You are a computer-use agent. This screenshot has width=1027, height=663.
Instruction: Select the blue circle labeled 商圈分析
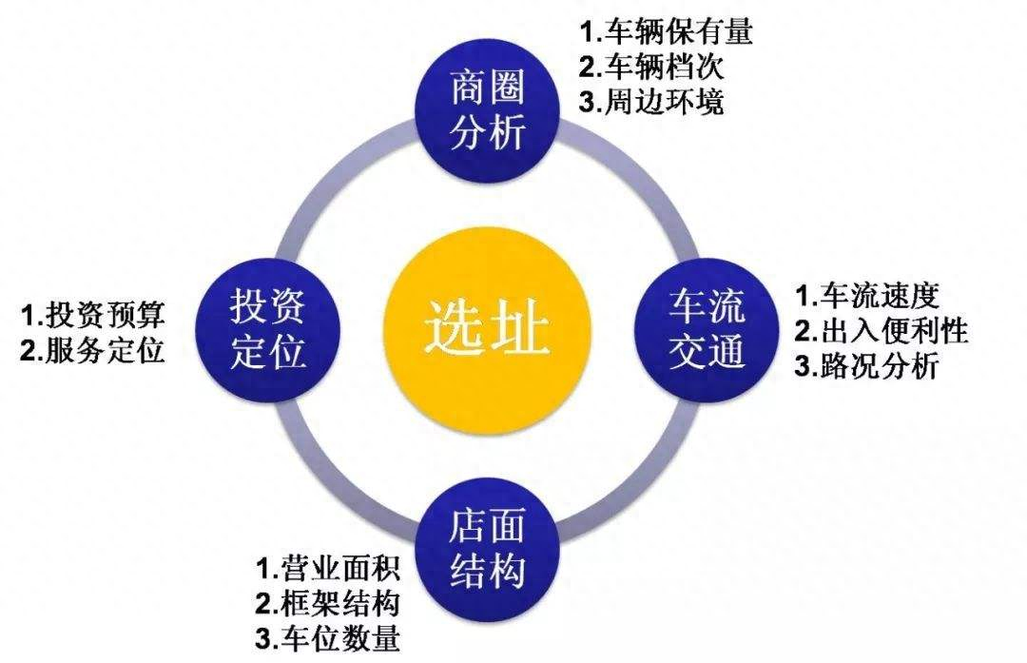point(488,111)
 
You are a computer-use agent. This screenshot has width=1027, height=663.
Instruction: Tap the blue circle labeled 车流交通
point(707,329)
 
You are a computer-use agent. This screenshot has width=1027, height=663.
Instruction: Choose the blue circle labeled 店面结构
point(488,549)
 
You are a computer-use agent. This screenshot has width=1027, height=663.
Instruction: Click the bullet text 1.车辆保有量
point(666,31)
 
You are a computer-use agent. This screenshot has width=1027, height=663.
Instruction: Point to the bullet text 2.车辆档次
point(651,67)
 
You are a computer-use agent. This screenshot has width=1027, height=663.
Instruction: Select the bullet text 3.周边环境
point(651,102)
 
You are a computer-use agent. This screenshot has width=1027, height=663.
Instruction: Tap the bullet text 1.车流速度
point(867,296)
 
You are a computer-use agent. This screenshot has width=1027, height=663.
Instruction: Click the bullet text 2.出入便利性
point(882,331)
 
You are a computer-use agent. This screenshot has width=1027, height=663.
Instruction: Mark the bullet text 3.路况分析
point(867,365)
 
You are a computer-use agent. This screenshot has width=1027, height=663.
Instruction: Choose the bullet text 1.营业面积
point(327,567)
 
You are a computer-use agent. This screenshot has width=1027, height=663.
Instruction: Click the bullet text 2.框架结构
point(327,603)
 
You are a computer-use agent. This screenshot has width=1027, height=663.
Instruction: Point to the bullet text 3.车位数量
point(327,638)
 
